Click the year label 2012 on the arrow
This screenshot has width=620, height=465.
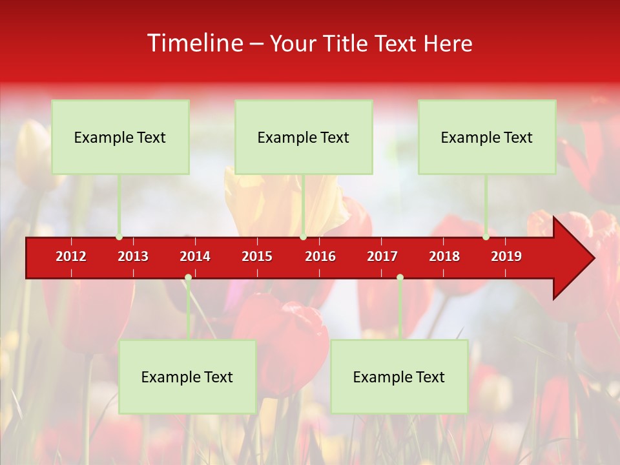71,256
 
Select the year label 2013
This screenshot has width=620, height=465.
133,256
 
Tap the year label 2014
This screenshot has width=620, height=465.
195,256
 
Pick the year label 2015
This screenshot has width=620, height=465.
257,256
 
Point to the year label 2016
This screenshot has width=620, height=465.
320,256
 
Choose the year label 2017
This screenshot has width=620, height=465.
382,256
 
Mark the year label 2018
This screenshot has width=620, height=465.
444,256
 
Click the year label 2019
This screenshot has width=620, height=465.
506,256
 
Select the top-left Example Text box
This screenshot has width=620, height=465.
120,137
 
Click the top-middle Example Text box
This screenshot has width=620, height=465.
304,137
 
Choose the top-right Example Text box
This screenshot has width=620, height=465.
487,137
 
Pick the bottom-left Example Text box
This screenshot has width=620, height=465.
187,377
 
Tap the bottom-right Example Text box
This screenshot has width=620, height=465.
399,377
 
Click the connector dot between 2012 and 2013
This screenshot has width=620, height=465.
119,237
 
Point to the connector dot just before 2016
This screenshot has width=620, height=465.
303,237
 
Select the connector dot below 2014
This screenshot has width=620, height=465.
188,277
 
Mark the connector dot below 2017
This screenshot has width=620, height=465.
400,277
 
